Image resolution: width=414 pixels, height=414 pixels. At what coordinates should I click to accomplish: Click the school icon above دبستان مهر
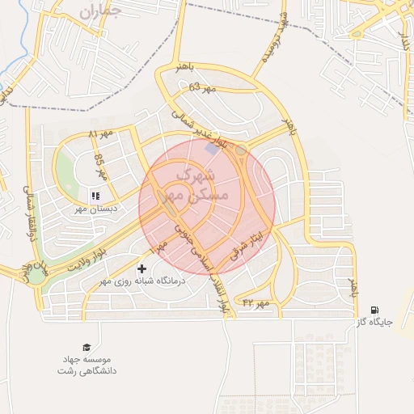pyautogui.click(x=95, y=195)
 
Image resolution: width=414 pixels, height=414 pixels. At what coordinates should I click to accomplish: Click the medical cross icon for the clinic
pyautogui.click(x=142, y=268)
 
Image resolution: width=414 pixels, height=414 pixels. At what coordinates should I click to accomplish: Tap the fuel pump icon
pyautogui.click(x=374, y=310)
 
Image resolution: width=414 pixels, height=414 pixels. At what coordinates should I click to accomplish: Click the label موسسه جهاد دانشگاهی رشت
pyautogui.click(x=87, y=364)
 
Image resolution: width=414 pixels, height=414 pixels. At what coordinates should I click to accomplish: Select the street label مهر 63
pyautogui.click(x=203, y=87)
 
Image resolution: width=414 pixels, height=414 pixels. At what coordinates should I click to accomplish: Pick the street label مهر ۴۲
pyautogui.click(x=254, y=302)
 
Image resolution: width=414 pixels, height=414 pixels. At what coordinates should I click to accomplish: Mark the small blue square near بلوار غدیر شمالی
pyautogui.click(x=212, y=149)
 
